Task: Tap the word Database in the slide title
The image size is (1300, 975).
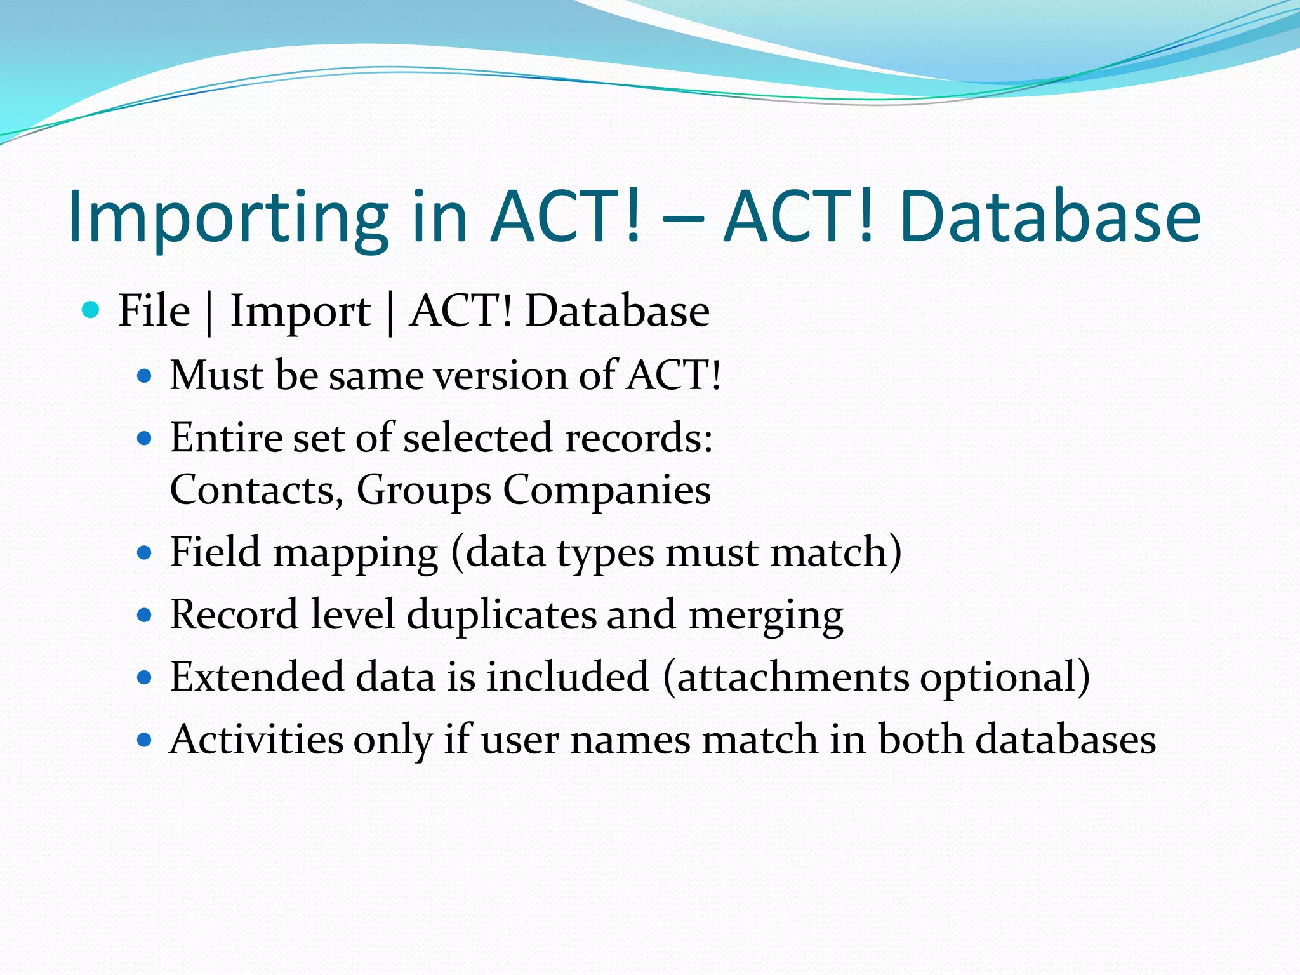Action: tap(1050, 218)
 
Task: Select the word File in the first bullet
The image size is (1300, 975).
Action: tap(154, 311)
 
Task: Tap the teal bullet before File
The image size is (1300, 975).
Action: tap(91, 310)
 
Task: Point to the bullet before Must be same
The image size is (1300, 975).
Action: tap(145, 376)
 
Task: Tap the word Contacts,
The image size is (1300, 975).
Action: tap(256, 491)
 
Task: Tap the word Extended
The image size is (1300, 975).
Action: tap(256, 677)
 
